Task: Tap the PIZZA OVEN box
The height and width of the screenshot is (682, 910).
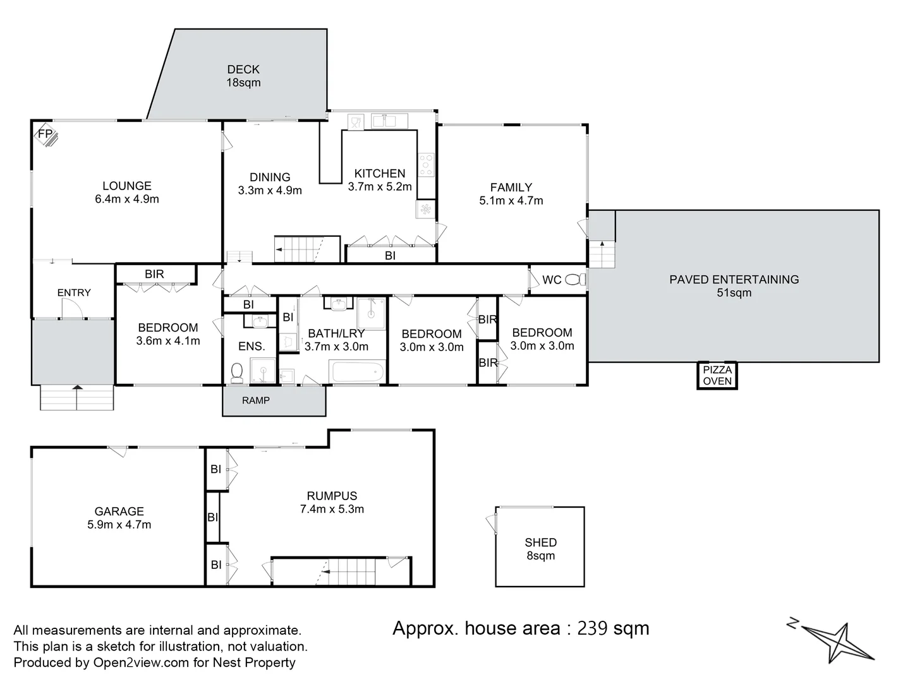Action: [x=717, y=375]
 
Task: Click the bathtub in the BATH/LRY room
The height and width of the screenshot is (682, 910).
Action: [x=358, y=372]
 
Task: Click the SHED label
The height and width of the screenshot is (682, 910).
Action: [x=540, y=542]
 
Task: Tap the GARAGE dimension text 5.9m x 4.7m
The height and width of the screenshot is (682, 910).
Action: [x=119, y=525]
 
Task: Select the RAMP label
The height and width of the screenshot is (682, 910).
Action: [x=256, y=400]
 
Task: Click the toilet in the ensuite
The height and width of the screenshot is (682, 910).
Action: [x=237, y=373]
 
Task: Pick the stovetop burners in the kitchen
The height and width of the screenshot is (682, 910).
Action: [x=426, y=165]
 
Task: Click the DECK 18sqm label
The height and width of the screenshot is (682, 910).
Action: [x=243, y=76]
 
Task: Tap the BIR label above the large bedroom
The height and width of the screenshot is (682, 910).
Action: [x=154, y=274]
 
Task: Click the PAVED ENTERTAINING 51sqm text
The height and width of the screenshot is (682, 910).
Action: [x=734, y=286]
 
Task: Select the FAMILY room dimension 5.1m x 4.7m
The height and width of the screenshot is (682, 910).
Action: [x=511, y=201]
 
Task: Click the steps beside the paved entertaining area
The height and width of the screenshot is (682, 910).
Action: [x=602, y=256]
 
